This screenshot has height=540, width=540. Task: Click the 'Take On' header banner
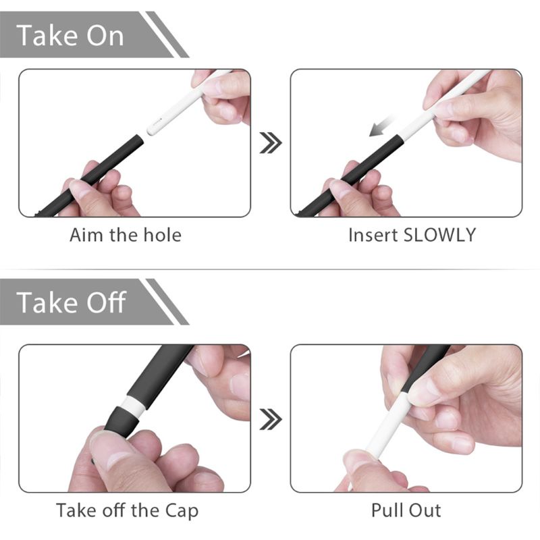coord(81,35)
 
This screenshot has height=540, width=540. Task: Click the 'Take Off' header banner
coord(81,302)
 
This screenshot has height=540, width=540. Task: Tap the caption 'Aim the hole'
coord(126,236)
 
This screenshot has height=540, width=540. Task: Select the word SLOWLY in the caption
coord(439,236)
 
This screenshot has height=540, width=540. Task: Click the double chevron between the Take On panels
coord(271,142)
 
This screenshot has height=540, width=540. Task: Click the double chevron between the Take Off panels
coord(271,419)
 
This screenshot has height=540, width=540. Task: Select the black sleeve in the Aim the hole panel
coord(101,169)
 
